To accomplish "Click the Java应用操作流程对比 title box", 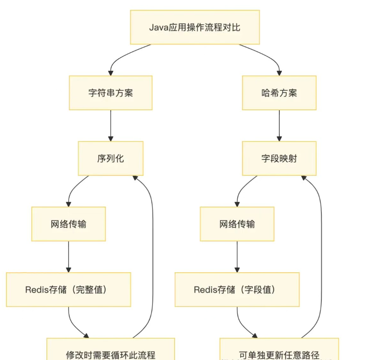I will tap(195, 27).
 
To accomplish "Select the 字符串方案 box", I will tap(111, 93).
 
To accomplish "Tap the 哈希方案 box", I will tap(279, 93).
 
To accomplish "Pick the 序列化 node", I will tap(111, 158).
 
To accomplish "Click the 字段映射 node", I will tap(279, 158).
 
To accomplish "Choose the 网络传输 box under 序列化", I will tap(68, 224).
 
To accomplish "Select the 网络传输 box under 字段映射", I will tap(237, 224).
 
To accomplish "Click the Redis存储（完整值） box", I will tap(68, 290).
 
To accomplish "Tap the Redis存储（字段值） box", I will tap(237, 290).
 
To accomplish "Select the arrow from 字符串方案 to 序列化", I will tap(111, 125).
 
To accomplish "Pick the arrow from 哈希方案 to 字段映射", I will tap(279, 125).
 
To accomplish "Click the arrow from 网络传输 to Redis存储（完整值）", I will tap(68, 257).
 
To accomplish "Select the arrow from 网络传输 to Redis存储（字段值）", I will tap(237, 257).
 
